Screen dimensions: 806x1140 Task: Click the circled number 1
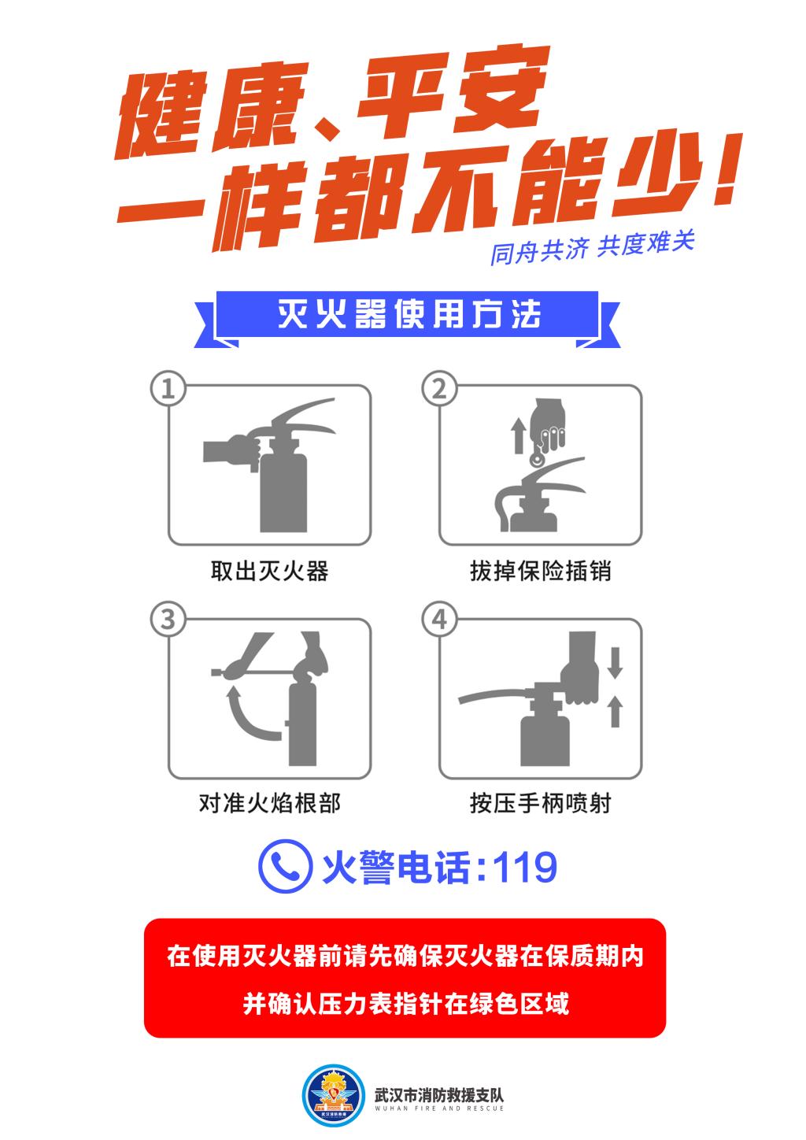coord(168,389)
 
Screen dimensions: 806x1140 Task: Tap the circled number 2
coord(439,389)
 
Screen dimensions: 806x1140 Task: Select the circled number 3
coord(168,620)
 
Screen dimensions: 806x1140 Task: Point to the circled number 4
coord(439,620)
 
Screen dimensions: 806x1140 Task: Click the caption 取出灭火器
coord(270,571)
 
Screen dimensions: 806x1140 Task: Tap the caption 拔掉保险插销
coord(541,571)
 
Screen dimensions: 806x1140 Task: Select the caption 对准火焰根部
coord(270,803)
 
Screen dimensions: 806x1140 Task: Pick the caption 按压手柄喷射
coord(541,803)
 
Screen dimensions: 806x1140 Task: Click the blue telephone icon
coord(285,866)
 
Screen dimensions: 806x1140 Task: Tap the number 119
coord(524,868)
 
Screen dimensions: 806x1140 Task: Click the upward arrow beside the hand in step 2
coord(519,435)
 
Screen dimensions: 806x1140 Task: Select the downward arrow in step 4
coord(616,662)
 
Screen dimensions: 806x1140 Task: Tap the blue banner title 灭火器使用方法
coord(409,314)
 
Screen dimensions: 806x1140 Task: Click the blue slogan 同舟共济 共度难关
coord(592,247)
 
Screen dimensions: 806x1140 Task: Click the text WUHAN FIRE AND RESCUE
coord(439,1108)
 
